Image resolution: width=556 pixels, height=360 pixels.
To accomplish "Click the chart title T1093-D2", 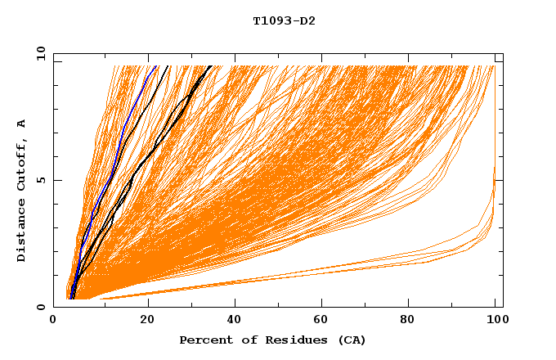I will (x=284, y=21).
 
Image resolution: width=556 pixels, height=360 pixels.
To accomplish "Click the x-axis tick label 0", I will (x=53, y=320).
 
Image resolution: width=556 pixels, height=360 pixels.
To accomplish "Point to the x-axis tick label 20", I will (x=147, y=320).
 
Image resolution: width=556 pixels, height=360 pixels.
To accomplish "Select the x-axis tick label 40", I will (x=235, y=320).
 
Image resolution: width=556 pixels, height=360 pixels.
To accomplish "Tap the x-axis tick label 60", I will (x=323, y=320).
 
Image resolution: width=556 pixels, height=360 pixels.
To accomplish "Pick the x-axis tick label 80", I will (x=411, y=320).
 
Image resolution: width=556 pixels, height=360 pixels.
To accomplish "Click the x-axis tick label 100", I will (x=496, y=320).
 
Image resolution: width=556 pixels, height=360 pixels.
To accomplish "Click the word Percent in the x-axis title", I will (x=203, y=340).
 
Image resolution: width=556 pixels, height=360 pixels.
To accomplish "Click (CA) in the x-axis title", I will (x=349, y=340).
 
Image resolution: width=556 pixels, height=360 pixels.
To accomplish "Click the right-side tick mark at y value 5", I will (x=499, y=180).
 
